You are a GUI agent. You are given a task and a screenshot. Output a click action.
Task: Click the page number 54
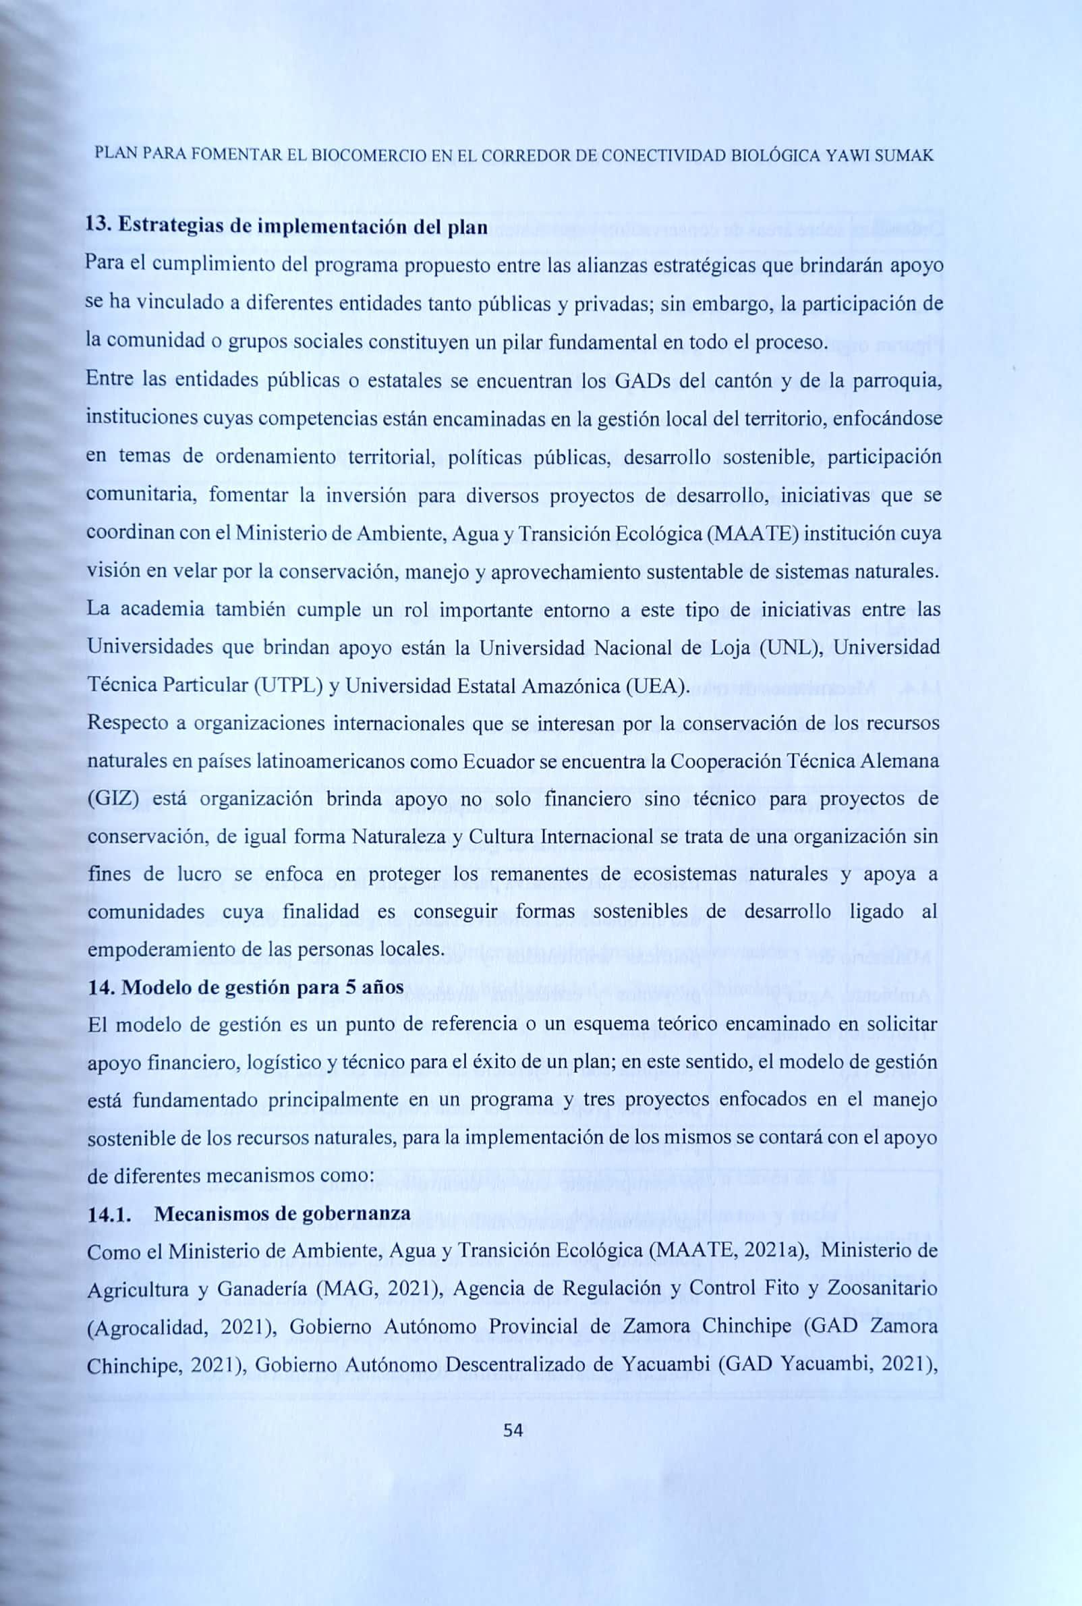coord(513,1431)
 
